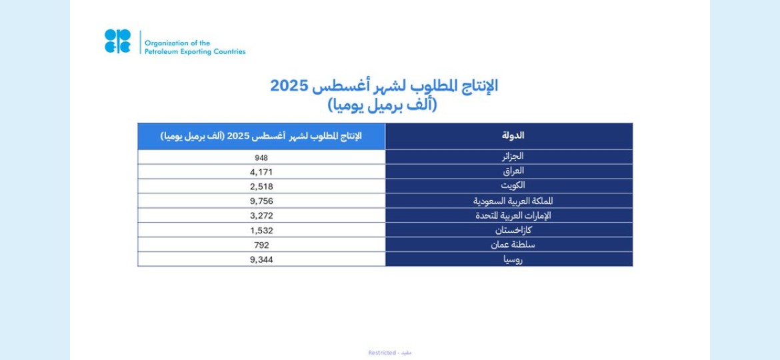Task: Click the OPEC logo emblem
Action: pyautogui.click(x=117, y=41)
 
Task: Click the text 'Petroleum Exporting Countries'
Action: pyautogui.click(x=195, y=52)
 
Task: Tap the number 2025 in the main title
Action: pyautogui.click(x=289, y=85)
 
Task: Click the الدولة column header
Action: pyautogui.click(x=513, y=136)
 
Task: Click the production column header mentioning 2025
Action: pyautogui.click(x=261, y=136)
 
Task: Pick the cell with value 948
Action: pyautogui.click(x=261, y=157)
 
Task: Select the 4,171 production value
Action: pyautogui.click(x=261, y=172)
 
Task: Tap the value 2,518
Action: pyautogui.click(x=261, y=187)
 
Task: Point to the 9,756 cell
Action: pyautogui.click(x=261, y=201)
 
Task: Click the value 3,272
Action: pyautogui.click(x=261, y=216)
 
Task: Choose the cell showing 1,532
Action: pyautogui.click(x=261, y=231)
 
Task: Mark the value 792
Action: pyautogui.click(x=261, y=245)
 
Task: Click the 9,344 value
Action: pyautogui.click(x=261, y=259)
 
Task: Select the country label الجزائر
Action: pyautogui.click(x=512, y=156)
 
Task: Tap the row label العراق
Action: pyautogui.click(x=513, y=171)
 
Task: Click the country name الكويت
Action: pyautogui.click(x=513, y=185)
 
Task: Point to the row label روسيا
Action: pyautogui.click(x=513, y=260)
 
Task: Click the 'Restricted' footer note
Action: pyautogui.click(x=382, y=353)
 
